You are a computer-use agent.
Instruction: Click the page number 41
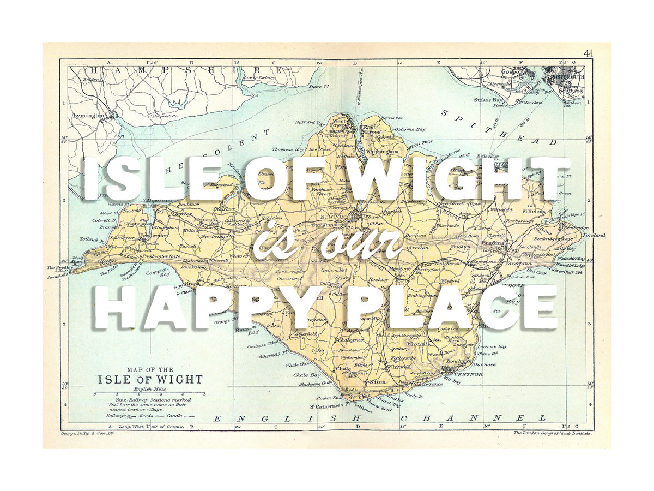pos(588,53)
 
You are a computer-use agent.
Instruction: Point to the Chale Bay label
pos(307,375)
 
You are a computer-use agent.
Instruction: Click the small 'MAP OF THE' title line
pos(150,369)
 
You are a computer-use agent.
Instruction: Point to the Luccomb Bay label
pos(492,346)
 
